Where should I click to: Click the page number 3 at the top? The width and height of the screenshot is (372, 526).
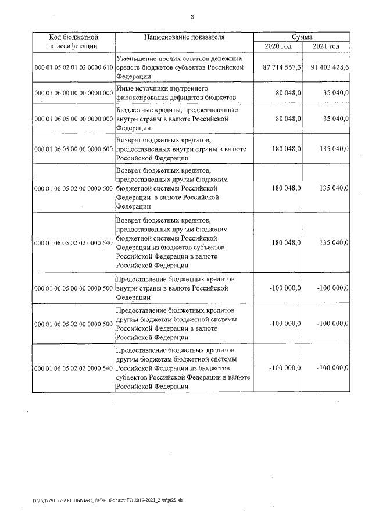pos(191,17)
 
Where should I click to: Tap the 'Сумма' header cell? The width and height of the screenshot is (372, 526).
pos(302,37)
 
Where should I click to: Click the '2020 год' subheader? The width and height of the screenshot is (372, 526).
pos(278,46)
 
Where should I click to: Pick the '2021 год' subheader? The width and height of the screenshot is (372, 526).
pos(326,46)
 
